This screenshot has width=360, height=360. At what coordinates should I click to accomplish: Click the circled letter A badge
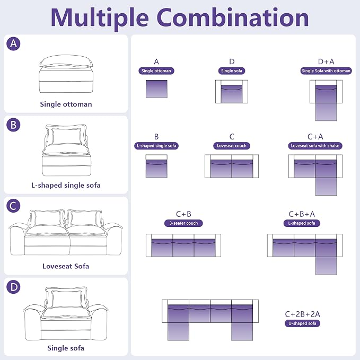pyautogui.click(x=13, y=43)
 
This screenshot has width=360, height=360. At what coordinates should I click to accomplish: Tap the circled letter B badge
pyautogui.click(x=13, y=125)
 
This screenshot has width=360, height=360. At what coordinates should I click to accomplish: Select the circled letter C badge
pyautogui.click(x=13, y=206)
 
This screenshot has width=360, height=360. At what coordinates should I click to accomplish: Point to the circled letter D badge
pyautogui.click(x=13, y=287)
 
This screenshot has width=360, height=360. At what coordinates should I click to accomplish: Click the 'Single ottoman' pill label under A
pyautogui.click(x=156, y=71)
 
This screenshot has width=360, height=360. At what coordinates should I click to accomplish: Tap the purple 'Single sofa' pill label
pyautogui.click(x=231, y=71)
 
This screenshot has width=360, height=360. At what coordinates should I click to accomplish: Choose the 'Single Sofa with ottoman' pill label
pyautogui.click(x=326, y=71)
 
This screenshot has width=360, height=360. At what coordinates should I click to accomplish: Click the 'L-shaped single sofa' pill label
pyautogui.click(x=156, y=146)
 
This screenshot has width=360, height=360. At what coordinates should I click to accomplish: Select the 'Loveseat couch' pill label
pyautogui.click(x=231, y=146)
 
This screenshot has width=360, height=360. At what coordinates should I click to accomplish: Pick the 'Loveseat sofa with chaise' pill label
pyautogui.click(x=315, y=146)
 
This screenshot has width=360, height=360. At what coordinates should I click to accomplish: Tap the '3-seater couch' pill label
pyautogui.click(x=183, y=223)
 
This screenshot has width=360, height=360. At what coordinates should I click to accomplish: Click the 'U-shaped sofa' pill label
pyautogui.click(x=302, y=323)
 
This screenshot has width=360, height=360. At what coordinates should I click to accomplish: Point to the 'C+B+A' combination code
pyautogui.click(x=302, y=214)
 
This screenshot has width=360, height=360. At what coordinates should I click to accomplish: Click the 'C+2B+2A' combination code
pyautogui.click(x=302, y=314)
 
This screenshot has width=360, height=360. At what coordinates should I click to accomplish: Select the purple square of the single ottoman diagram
pyautogui.click(x=156, y=89)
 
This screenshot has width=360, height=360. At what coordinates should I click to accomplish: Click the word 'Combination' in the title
pyautogui.click(x=233, y=17)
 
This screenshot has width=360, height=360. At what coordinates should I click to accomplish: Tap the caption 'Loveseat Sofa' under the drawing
pyautogui.click(x=66, y=266)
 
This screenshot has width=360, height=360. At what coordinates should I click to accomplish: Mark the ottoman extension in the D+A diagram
pyautogui.click(x=326, y=112)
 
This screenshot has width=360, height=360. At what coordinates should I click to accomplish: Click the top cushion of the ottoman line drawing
pyautogui.click(x=66, y=61)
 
